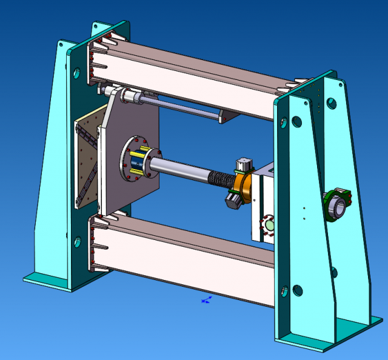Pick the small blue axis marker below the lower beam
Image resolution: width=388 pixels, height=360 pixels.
click(x=206, y=300)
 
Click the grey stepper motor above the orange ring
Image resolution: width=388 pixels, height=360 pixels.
click(x=243, y=165)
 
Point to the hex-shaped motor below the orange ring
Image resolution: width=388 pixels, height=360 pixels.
click(x=233, y=199)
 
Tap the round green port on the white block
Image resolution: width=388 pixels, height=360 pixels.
click(x=267, y=225)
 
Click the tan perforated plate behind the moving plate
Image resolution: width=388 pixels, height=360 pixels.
click(x=85, y=161)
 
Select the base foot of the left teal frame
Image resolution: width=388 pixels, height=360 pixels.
click(x=52, y=279)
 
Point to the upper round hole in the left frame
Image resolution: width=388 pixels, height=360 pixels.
click(x=77, y=74)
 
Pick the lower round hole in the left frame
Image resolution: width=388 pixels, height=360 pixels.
click(x=78, y=242)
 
